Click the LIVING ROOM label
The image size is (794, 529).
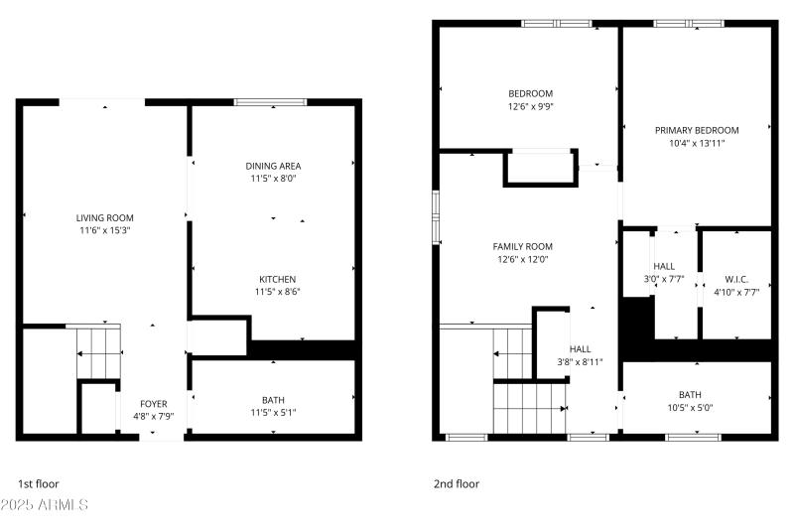[x=104, y=217]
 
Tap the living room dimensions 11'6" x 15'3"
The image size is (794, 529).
[x=104, y=230]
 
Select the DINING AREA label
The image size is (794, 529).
[x=273, y=166]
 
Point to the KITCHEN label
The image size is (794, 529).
[x=278, y=279]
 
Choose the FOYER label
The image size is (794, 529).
[x=153, y=403]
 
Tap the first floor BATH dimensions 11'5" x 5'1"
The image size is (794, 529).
[x=273, y=412]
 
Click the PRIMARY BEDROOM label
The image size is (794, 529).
[x=697, y=130]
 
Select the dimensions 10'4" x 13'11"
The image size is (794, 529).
[x=697, y=143]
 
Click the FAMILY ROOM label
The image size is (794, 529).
[x=523, y=246]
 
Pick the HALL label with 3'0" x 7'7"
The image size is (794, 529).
[x=664, y=266]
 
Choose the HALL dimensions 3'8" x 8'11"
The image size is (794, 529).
[x=581, y=362]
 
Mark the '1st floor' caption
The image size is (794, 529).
[x=39, y=484]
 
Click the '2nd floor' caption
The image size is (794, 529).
[x=456, y=484]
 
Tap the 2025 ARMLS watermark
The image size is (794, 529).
[x=45, y=505]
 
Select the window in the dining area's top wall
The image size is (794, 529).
[x=270, y=101]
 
